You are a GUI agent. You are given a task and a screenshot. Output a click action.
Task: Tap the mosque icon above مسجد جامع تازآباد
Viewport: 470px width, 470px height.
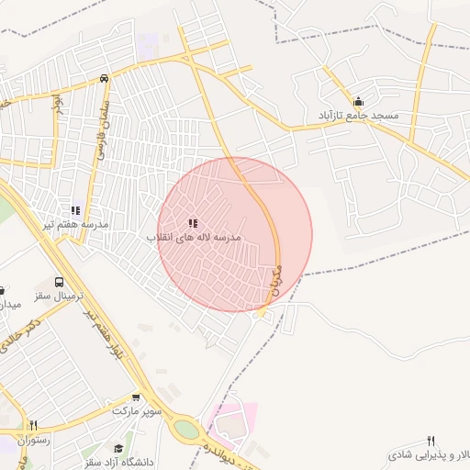pos(358,102)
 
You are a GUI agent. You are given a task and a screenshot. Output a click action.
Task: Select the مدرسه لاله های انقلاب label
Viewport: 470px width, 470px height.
pos(195,237)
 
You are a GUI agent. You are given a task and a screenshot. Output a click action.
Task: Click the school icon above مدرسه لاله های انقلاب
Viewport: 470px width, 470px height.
pos(193,223)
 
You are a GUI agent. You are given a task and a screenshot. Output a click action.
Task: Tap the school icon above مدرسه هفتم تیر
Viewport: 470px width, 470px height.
pos(75,211)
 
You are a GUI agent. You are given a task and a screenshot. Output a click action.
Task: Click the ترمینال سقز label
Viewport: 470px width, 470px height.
pos(59,298)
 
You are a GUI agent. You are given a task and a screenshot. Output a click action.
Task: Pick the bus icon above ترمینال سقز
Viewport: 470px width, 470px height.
pos(60,284)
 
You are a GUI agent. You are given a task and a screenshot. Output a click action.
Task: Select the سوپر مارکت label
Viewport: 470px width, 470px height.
pos(137,411)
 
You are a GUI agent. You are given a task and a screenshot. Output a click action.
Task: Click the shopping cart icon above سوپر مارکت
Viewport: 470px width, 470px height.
pos(137,397)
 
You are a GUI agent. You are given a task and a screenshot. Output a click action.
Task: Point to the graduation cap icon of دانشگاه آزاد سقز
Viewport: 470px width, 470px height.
pos(118,448)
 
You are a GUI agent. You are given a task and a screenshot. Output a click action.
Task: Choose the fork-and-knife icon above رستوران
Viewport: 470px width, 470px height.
pos(34,425)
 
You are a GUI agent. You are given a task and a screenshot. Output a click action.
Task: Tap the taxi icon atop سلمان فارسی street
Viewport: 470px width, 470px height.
pos(104,78)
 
